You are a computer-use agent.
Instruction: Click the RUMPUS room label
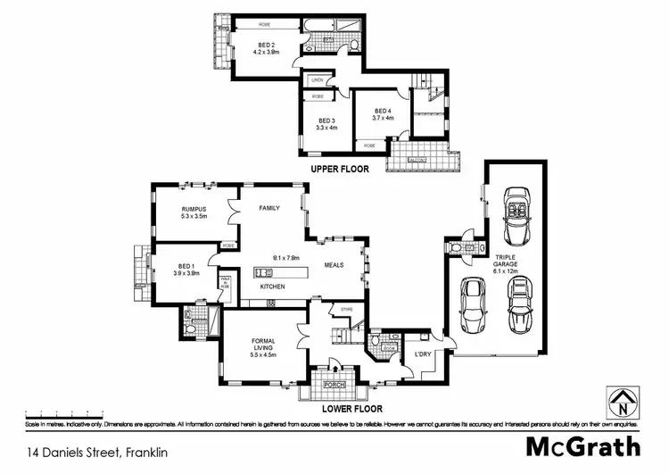pos(194,212)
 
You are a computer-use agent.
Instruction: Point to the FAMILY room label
pos(269,208)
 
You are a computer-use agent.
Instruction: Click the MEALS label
pos(334,264)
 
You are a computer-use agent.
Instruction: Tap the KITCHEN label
pos(272,287)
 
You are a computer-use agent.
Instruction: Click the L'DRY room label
pos(424,354)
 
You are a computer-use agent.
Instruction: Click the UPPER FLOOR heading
pos(340,169)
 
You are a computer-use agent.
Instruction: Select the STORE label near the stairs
pos(335,309)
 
